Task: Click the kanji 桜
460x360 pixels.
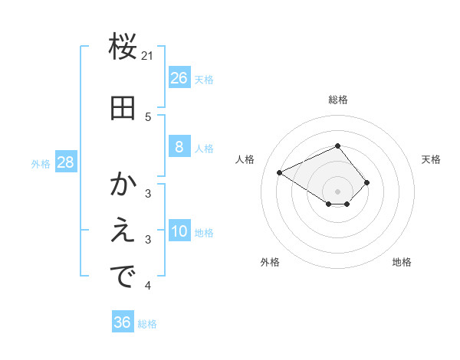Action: click(x=123, y=47)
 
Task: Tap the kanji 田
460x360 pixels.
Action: click(x=123, y=109)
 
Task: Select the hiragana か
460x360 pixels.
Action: click(x=123, y=185)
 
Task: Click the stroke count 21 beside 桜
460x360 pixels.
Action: click(x=148, y=55)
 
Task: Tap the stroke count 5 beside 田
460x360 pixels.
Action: click(x=148, y=116)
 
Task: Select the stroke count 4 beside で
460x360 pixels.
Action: click(x=148, y=286)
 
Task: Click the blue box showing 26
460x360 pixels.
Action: click(x=179, y=78)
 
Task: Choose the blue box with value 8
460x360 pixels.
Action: click(x=179, y=147)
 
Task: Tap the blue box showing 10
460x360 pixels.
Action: click(x=179, y=232)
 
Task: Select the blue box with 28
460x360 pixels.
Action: click(x=65, y=162)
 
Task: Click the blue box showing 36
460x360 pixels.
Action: click(x=122, y=322)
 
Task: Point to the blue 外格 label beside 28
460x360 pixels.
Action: click(x=41, y=163)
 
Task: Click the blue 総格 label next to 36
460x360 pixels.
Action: click(x=147, y=324)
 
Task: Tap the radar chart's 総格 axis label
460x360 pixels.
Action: click(x=338, y=100)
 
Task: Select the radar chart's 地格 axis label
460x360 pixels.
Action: click(x=402, y=262)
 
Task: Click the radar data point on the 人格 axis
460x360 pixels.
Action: click(x=280, y=172)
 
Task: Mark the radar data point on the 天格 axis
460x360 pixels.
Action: click(x=367, y=182)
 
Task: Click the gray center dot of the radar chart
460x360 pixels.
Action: click(x=338, y=191)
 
